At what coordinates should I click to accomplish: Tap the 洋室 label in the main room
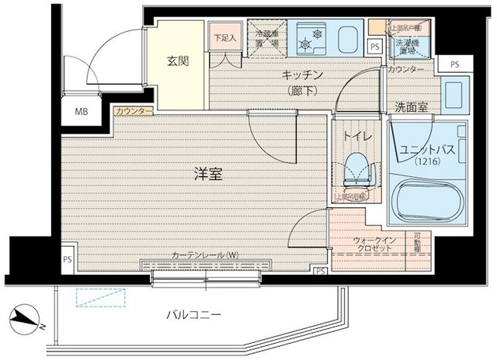tap(208, 175)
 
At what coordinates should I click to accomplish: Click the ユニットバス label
tap(426, 151)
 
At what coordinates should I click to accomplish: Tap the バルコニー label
tap(195, 314)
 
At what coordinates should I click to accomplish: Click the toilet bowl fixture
tap(356, 170)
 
